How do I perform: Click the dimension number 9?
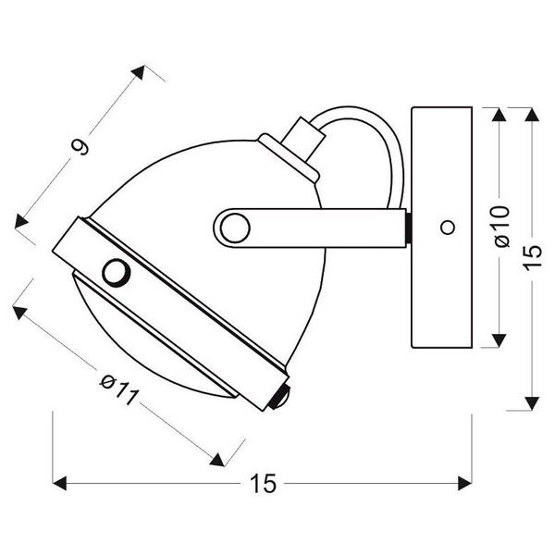coord(82,146)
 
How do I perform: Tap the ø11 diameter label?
coord(117,389)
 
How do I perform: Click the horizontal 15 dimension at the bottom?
coord(264,483)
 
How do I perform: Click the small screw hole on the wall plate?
coord(448,227)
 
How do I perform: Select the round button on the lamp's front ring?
coord(117,272)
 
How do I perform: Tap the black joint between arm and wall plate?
coord(407,228)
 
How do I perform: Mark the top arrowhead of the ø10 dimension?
coord(500,117)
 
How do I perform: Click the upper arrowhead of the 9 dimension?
coord(140,70)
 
